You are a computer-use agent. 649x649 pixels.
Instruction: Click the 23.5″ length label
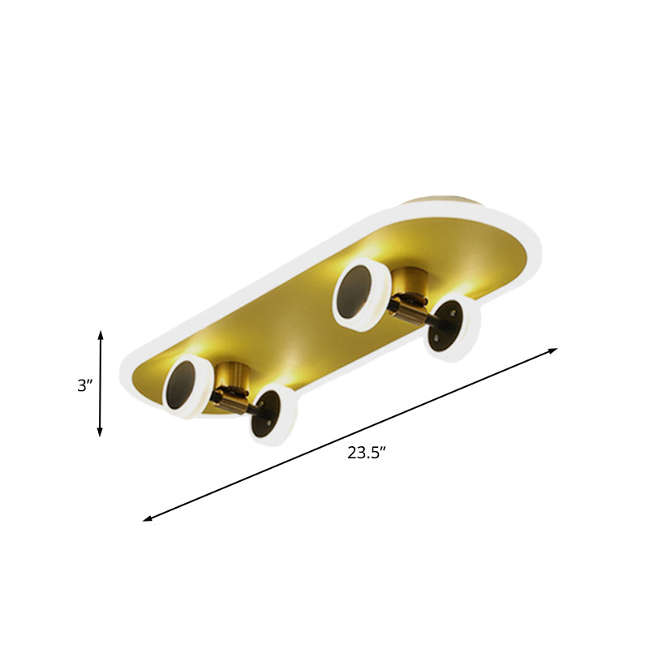tap(365, 453)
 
